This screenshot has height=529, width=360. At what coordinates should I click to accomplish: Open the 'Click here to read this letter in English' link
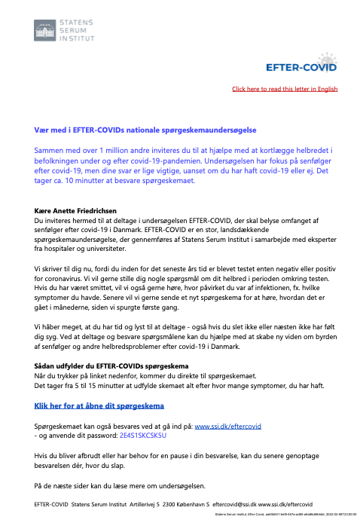click(x=285, y=89)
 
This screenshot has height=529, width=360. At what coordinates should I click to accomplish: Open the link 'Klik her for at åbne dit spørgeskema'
click(x=94, y=405)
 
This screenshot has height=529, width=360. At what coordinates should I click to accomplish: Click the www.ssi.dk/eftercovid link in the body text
click(x=228, y=426)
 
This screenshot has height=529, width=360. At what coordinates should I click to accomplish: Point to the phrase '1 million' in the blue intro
click(x=132, y=151)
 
